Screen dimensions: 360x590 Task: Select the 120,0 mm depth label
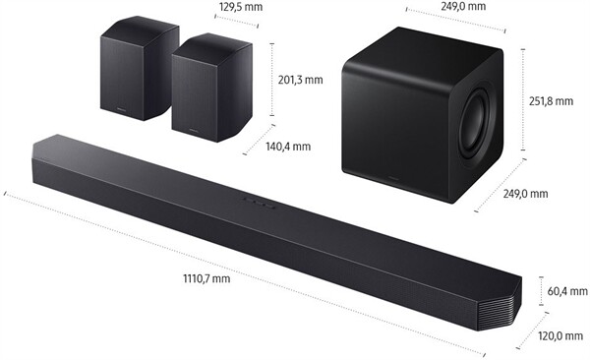pos(561,336)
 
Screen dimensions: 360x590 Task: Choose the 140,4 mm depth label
pos(287,147)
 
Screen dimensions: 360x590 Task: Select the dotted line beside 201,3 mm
pos(273,79)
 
